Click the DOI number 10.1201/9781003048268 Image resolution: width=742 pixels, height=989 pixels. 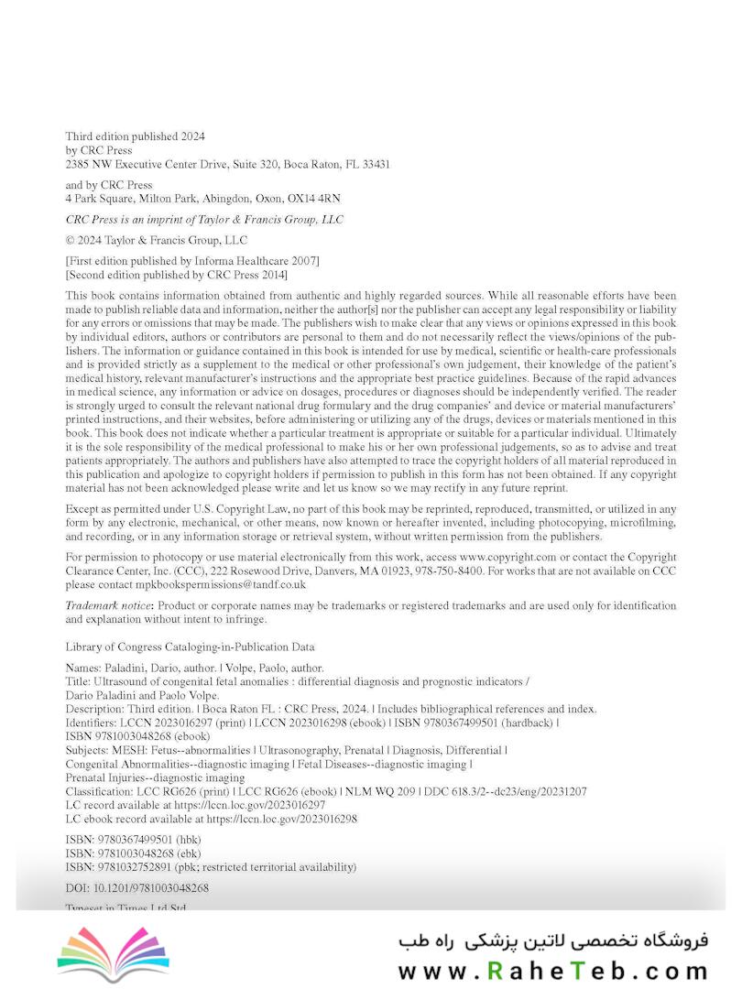coord(151,887)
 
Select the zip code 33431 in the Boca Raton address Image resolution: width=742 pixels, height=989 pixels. coord(374,165)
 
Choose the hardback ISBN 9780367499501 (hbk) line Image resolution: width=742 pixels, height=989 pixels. coord(133,840)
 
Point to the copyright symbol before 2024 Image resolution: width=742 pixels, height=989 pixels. coord(71,240)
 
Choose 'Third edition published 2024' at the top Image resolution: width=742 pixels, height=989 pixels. coord(135,136)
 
